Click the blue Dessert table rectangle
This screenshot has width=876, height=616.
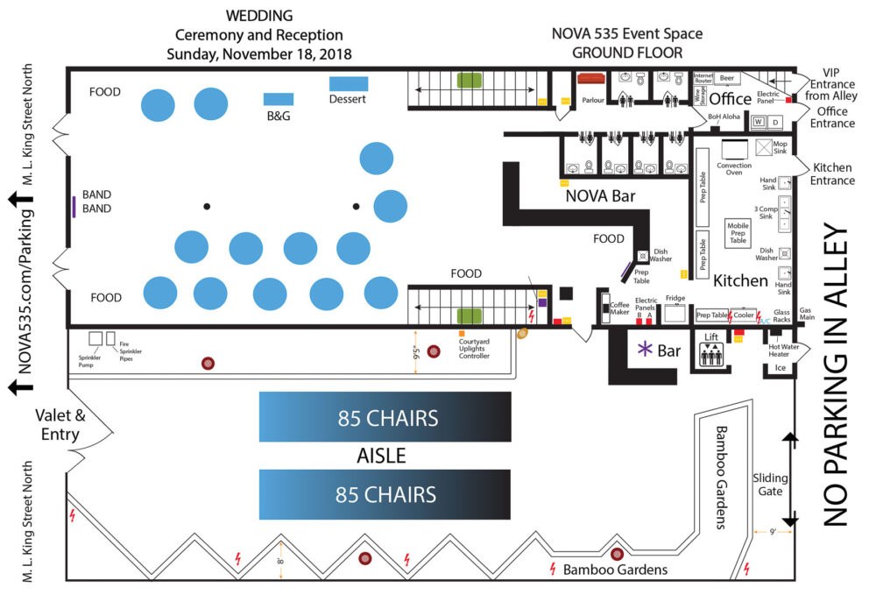click(x=349, y=84)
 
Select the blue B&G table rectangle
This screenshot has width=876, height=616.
click(x=279, y=99)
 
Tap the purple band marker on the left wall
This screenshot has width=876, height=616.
click(x=74, y=207)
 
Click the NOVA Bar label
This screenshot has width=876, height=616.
click(x=600, y=196)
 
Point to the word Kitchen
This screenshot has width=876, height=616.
click(x=740, y=281)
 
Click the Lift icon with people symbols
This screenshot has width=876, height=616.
click(x=710, y=354)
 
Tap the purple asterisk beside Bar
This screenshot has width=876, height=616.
click(x=644, y=350)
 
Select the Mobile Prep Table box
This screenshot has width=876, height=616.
click(x=738, y=231)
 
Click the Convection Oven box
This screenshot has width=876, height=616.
click(x=734, y=149)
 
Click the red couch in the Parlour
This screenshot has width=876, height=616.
click(x=592, y=79)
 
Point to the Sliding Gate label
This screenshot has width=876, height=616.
click(x=770, y=486)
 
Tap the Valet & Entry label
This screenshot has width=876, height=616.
click(x=60, y=424)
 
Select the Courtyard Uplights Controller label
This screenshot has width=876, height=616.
click(x=473, y=349)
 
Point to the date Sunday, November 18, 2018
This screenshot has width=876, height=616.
click(x=258, y=54)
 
